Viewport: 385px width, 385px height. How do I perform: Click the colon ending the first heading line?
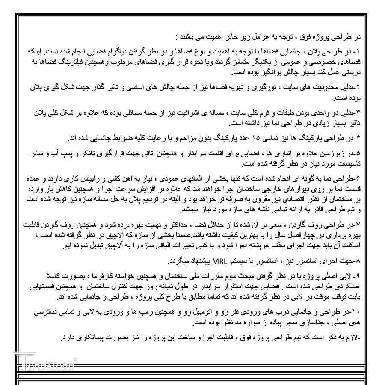pyautogui.click(x=176, y=36)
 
